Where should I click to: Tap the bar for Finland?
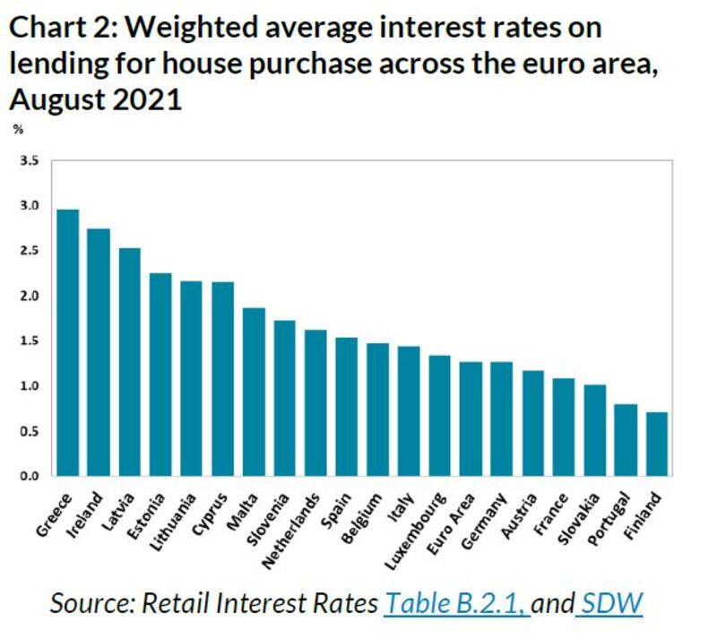[658, 444]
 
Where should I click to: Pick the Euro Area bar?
[471, 419]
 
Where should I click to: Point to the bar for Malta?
[254, 392]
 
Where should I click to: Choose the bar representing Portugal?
[626, 439]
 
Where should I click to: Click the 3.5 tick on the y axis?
[30, 161]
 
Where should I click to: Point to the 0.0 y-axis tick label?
[30, 476]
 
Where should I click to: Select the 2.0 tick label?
[30, 296]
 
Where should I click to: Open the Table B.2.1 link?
[456, 603]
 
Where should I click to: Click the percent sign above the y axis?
[18, 130]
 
